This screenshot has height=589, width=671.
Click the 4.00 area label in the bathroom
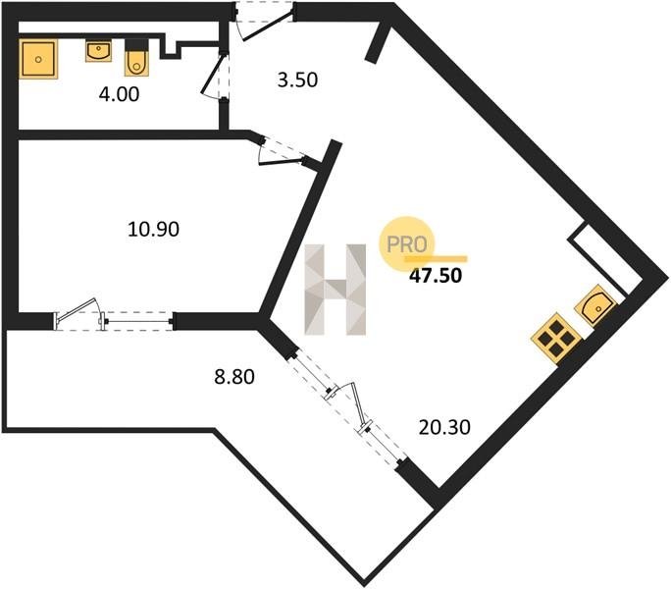[119, 94]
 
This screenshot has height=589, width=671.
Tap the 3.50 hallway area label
[297, 80]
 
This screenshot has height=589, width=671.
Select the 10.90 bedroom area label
[154, 229]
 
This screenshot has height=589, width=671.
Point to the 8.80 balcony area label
[234, 377]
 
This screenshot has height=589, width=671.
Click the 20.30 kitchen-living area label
[444, 427]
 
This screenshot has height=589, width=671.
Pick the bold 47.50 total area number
[436, 276]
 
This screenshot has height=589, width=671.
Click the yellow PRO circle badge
[406, 244]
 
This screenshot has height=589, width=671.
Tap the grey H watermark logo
[335, 290]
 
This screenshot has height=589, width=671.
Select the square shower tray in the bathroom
[38, 59]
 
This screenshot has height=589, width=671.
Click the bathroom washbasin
[99, 51]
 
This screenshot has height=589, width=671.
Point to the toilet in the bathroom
[137, 59]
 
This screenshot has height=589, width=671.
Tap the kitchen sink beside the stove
[595, 304]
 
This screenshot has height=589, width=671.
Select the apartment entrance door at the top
[264, 22]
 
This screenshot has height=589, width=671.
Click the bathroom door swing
[215, 76]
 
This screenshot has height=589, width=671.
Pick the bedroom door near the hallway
[284, 151]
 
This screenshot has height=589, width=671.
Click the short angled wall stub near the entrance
[378, 44]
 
